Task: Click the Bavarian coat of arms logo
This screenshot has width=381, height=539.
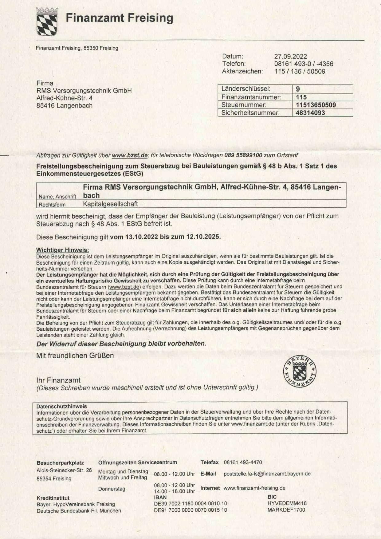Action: (47, 22)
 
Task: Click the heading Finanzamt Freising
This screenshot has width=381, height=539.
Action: (119, 18)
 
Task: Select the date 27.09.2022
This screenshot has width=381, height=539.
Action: (290, 57)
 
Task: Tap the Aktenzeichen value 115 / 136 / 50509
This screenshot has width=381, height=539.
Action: (300, 72)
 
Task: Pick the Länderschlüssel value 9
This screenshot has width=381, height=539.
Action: (298, 89)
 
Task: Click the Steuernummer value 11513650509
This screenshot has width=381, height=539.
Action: (316, 105)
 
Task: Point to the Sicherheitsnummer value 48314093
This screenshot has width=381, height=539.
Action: (310, 113)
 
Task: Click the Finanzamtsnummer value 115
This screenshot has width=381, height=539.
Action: (301, 97)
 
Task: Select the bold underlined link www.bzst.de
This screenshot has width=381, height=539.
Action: (130, 155)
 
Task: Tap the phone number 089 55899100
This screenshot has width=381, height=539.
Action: (243, 155)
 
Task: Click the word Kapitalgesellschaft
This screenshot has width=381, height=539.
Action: (110, 204)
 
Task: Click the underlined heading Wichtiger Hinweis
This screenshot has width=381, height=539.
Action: (62, 250)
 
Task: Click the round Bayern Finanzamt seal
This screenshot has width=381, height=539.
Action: (300, 371)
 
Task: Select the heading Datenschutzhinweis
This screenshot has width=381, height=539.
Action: (61, 407)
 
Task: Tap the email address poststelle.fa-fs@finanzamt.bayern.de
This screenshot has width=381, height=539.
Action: (267, 474)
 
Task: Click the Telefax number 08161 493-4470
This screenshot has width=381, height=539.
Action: (243, 462)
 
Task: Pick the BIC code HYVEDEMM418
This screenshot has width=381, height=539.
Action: (287, 503)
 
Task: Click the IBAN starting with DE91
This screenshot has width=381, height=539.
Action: (190, 510)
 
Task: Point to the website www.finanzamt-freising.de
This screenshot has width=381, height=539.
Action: (254, 488)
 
